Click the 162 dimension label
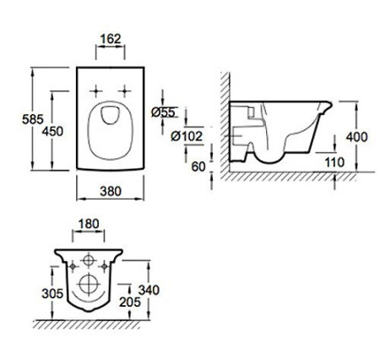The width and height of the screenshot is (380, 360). tap(111, 39)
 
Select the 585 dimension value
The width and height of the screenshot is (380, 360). tap(33, 119)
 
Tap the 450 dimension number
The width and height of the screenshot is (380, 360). tap(52, 131)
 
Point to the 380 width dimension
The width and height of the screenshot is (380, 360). tap(111, 192)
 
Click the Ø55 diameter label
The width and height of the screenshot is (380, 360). tap(163, 112)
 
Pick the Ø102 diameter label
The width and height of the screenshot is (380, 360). tap(187, 137)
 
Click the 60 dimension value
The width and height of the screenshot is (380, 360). tap(198, 166)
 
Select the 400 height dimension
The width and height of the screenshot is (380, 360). tap(356, 137)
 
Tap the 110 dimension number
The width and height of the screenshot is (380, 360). tap(334, 162)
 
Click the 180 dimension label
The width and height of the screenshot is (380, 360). tap(89, 224)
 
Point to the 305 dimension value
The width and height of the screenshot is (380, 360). tap(52, 294)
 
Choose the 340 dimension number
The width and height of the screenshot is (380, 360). tap(149, 290)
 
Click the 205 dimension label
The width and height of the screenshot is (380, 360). tap(130, 303)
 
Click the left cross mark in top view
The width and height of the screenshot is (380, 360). tap(95, 91)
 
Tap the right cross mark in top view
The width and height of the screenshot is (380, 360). tap(124, 91)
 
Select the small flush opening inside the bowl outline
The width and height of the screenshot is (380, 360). tap(110, 115)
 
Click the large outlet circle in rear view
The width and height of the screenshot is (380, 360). tap(89, 285)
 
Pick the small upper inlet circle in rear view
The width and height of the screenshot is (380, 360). tap(89, 260)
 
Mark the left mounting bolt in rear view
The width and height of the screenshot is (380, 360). tap(73, 266)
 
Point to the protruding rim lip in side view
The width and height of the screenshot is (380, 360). tap(326, 107)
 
